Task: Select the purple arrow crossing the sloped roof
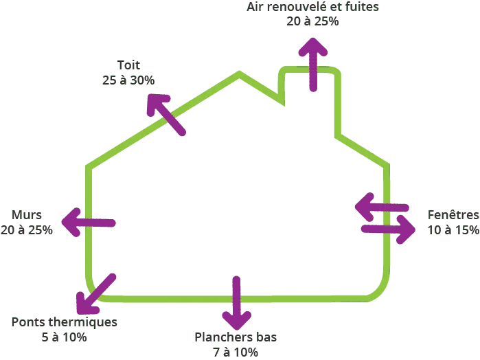coord(165,114)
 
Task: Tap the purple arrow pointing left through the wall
coord(89,221)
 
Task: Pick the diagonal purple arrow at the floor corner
coord(95,293)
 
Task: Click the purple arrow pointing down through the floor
coord(236,302)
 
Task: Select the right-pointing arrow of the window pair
coord(389,229)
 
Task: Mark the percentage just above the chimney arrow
coord(312,21)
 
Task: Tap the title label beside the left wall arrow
coord(27,214)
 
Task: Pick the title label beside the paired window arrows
coord(454,214)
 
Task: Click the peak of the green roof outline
coord(238,74)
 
